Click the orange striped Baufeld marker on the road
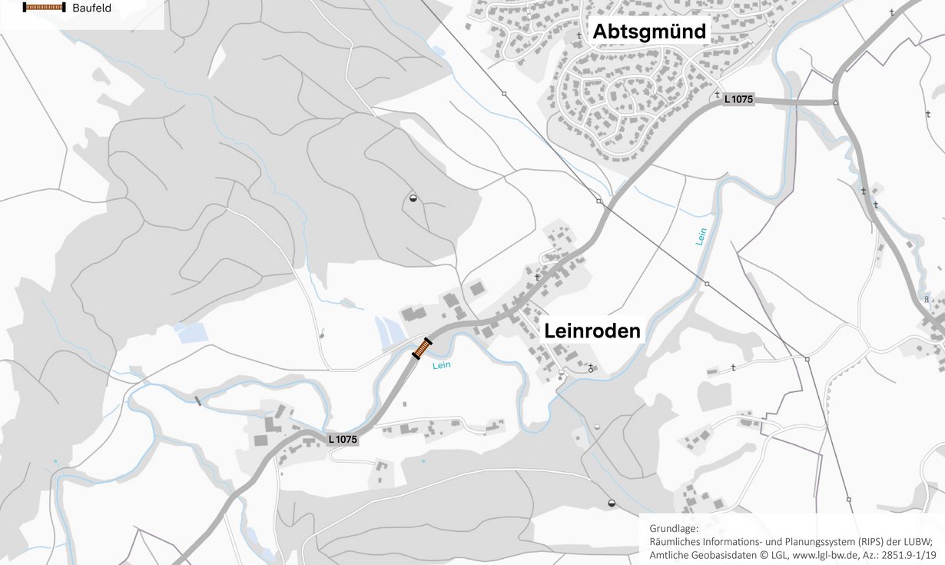point(422,348)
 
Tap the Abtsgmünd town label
point(648,32)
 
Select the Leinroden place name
point(592,331)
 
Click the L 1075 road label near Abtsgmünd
point(738,99)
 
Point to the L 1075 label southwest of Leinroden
point(343,440)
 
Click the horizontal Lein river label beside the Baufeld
point(441,366)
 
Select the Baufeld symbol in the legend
point(44,8)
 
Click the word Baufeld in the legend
point(91,8)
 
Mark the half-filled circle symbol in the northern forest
point(413,198)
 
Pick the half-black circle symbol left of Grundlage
point(612,503)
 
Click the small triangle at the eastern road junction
point(835,102)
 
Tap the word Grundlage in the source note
point(674,529)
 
